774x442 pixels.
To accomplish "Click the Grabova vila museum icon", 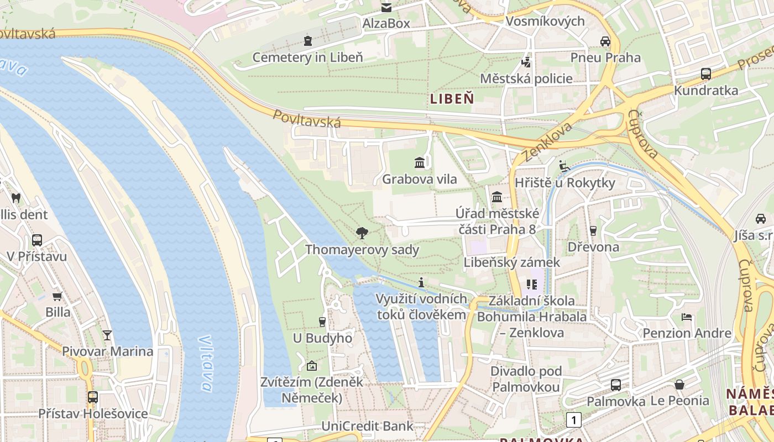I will click(420, 163).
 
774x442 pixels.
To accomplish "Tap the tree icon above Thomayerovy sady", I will click(362, 233).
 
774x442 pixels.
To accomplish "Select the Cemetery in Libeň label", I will click(307, 57).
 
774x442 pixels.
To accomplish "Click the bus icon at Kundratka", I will click(705, 74).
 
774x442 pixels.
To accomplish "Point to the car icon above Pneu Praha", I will click(605, 41).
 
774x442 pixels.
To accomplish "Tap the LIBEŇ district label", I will click(452, 99).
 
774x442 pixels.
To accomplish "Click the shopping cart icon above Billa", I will click(57, 297).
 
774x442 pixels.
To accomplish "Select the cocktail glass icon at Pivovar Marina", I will click(107, 335).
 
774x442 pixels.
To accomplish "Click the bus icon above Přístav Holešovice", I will click(93, 397).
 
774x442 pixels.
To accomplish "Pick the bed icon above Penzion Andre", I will click(687, 317).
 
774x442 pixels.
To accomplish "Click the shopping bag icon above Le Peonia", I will click(679, 385).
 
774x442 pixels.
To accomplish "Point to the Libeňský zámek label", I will click(512, 262).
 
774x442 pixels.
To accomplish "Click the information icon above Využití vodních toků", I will click(421, 283).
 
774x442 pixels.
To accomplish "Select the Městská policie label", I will click(526, 78).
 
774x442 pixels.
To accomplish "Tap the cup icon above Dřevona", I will click(593, 230).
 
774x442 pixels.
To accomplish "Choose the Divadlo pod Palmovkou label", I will click(526, 379).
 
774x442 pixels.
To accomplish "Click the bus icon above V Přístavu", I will click(37, 240).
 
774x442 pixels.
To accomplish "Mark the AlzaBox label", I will click(386, 23).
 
